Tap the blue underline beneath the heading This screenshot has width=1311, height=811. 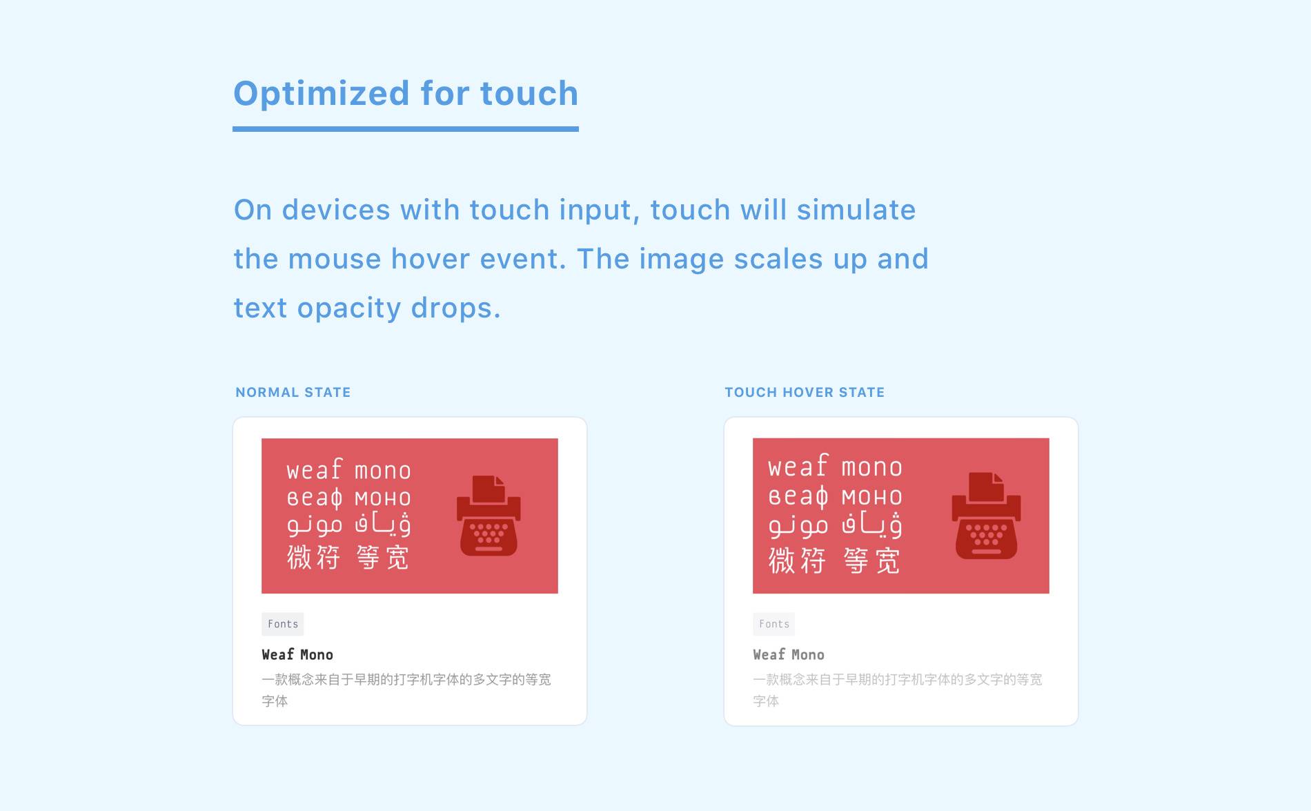[x=406, y=129]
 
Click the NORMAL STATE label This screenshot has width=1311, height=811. [x=293, y=392]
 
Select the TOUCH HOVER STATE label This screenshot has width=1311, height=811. [x=805, y=392]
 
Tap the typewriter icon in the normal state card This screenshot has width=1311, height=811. [x=489, y=516]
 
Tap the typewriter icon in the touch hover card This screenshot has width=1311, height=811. [x=986, y=516]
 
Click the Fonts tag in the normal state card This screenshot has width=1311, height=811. [x=283, y=624]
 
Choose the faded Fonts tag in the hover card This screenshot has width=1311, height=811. [x=774, y=624]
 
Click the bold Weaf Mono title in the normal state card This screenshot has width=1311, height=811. [x=297, y=654]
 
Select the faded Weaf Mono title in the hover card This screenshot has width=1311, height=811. [x=789, y=654]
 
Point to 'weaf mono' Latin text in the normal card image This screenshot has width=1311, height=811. [x=348, y=469]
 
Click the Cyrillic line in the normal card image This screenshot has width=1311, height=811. [x=348, y=498]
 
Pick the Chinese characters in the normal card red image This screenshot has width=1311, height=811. [x=348, y=557]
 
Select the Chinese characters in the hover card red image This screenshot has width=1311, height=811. [x=835, y=560]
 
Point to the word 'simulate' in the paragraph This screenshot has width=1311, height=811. [x=856, y=210]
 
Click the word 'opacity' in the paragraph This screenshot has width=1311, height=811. [x=349, y=309]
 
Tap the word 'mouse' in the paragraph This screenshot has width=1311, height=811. [x=335, y=260]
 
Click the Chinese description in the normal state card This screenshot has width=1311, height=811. [x=406, y=690]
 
